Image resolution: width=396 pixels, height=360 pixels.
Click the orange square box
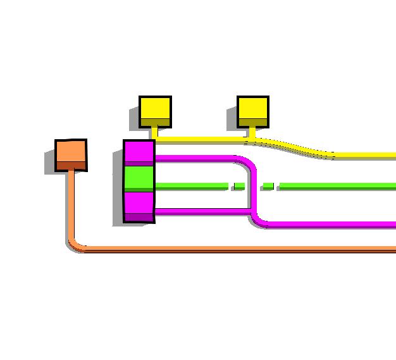pos(71,154)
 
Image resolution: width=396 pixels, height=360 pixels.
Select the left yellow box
pos(155,110)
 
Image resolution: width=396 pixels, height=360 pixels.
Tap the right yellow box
pos(253,110)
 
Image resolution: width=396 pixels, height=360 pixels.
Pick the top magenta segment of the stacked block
pos(139,152)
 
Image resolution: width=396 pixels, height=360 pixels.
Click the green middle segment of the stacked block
pos(139,178)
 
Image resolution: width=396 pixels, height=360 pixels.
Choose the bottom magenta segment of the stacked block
pos(139,204)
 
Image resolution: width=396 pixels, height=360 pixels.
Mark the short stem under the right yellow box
pos(252,132)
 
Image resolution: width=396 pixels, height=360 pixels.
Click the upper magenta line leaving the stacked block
pos(196,158)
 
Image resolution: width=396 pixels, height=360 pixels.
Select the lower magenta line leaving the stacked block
pos(202,211)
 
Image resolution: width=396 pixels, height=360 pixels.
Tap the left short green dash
pos(238,185)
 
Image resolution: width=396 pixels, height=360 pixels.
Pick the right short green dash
pos(268,185)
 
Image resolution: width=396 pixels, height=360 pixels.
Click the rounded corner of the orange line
pos(75,245)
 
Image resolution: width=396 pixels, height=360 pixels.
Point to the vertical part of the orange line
pos(71,202)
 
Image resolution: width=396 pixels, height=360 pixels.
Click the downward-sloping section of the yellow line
pos(297,147)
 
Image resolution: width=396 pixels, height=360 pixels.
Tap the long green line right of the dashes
pos(335,185)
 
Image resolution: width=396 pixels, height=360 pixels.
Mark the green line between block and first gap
pos(190,185)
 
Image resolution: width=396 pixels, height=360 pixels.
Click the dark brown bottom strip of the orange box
pos(71,166)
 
